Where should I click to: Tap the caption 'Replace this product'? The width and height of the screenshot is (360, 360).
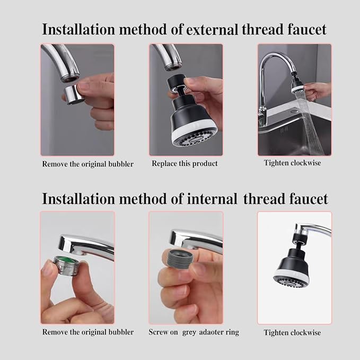(x=185, y=163)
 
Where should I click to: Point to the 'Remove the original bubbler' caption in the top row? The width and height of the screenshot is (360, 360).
(x=88, y=164)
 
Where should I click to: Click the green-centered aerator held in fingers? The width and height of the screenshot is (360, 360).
(x=66, y=265)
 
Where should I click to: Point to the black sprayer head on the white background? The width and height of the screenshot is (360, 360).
(x=292, y=265)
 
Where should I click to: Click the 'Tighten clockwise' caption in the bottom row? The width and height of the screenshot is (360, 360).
(x=292, y=332)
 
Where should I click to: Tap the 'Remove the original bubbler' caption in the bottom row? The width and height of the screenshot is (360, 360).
(x=88, y=332)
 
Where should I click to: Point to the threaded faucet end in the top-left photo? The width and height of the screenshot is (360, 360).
(x=69, y=75)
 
